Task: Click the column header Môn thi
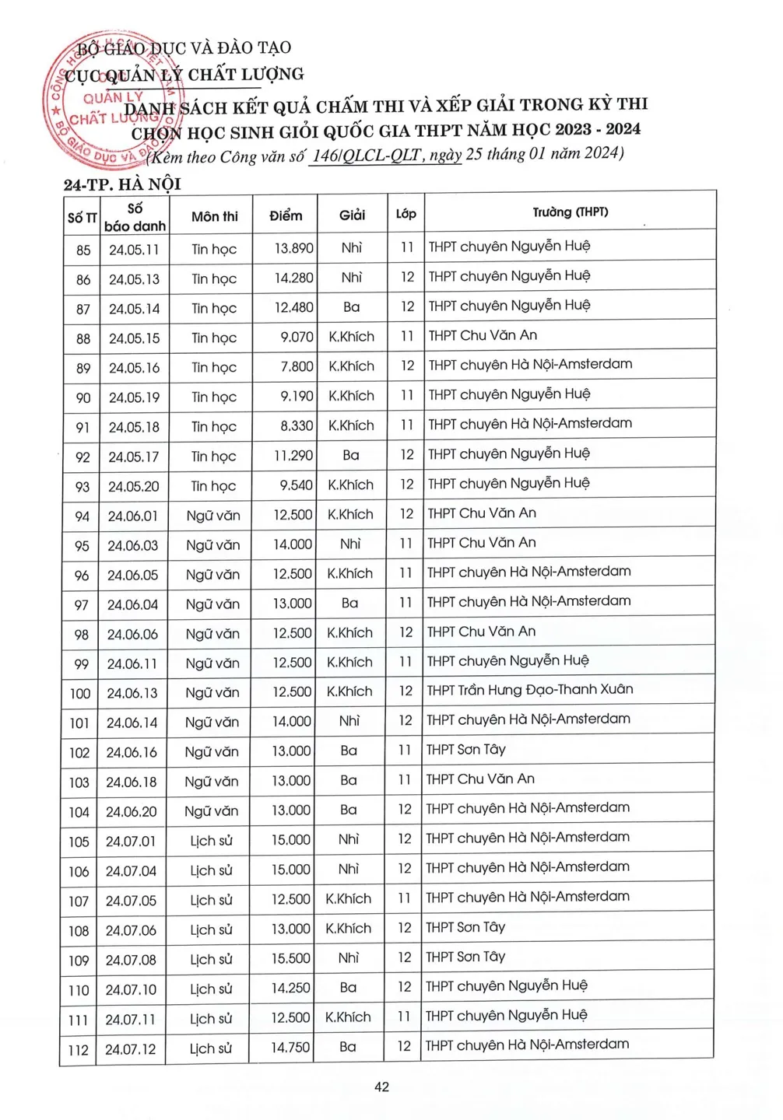[x=215, y=217]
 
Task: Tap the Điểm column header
[x=286, y=216]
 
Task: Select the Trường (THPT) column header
[x=570, y=212]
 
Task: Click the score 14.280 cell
[x=293, y=278]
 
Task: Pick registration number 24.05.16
[x=134, y=368]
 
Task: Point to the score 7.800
[x=297, y=367]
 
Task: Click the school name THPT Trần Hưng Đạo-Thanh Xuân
[x=529, y=690]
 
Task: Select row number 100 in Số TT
[x=80, y=694]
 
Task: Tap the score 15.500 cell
[x=290, y=959]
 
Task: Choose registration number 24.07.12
[x=131, y=1049]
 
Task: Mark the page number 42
[x=381, y=1087]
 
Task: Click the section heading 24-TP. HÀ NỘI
[x=122, y=184]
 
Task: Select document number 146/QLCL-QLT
[x=367, y=156]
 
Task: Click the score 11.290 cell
[x=293, y=456]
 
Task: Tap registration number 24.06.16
[x=132, y=752]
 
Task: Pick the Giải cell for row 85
[x=351, y=248]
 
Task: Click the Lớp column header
[x=406, y=214]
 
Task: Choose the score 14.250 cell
[x=290, y=989]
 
